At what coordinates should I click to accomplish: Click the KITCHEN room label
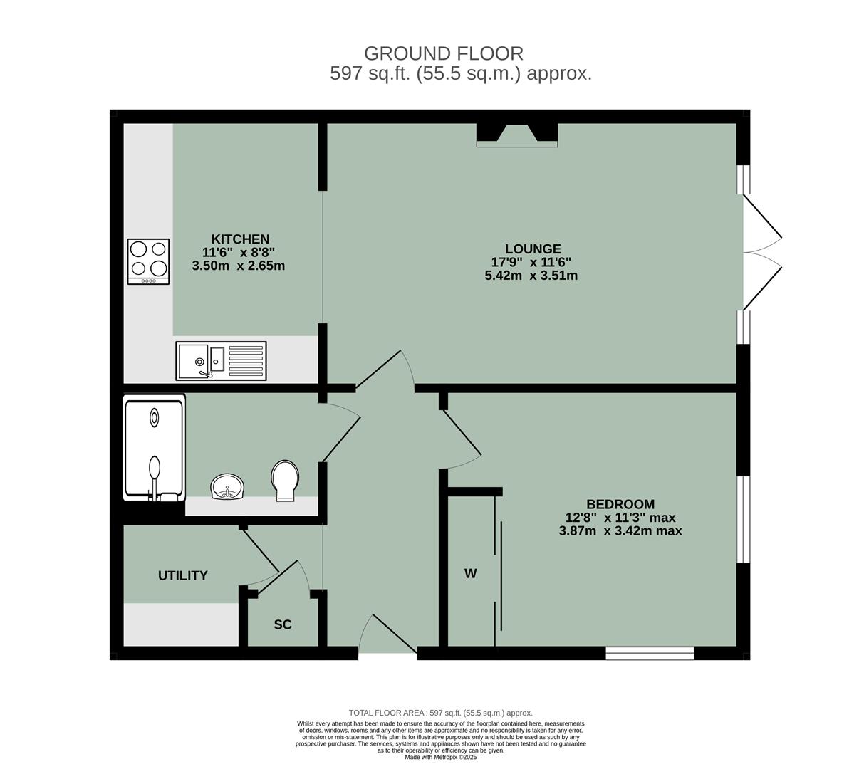(x=239, y=239)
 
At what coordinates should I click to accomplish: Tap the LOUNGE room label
(x=532, y=249)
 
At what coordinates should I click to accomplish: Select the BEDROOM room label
(x=620, y=504)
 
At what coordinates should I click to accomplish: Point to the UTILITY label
(x=183, y=575)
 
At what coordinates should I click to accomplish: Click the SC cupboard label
(x=283, y=624)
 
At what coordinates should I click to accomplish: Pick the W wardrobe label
(x=470, y=573)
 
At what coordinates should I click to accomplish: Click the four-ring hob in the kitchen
(x=148, y=261)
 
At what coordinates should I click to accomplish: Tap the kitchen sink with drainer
(x=221, y=360)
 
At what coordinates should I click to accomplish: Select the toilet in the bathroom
(x=285, y=481)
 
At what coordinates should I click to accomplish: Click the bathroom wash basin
(x=228, y=487)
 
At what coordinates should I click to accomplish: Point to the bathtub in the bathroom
(x=154, y=449)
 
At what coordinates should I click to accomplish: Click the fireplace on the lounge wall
(x=516, y=135)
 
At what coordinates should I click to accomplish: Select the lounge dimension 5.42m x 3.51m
(x=531, y=276)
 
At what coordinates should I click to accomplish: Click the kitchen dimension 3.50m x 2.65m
(x=239, y=266)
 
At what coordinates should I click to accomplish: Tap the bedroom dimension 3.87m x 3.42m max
(x=620, y=530)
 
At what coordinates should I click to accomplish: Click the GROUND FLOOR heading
(x=443, y=53)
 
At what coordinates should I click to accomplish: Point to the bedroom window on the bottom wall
(x=650, y=652)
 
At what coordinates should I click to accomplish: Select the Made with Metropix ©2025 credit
(x=441, y=757)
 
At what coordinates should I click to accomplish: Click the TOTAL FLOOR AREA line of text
(x=440, y=713)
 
